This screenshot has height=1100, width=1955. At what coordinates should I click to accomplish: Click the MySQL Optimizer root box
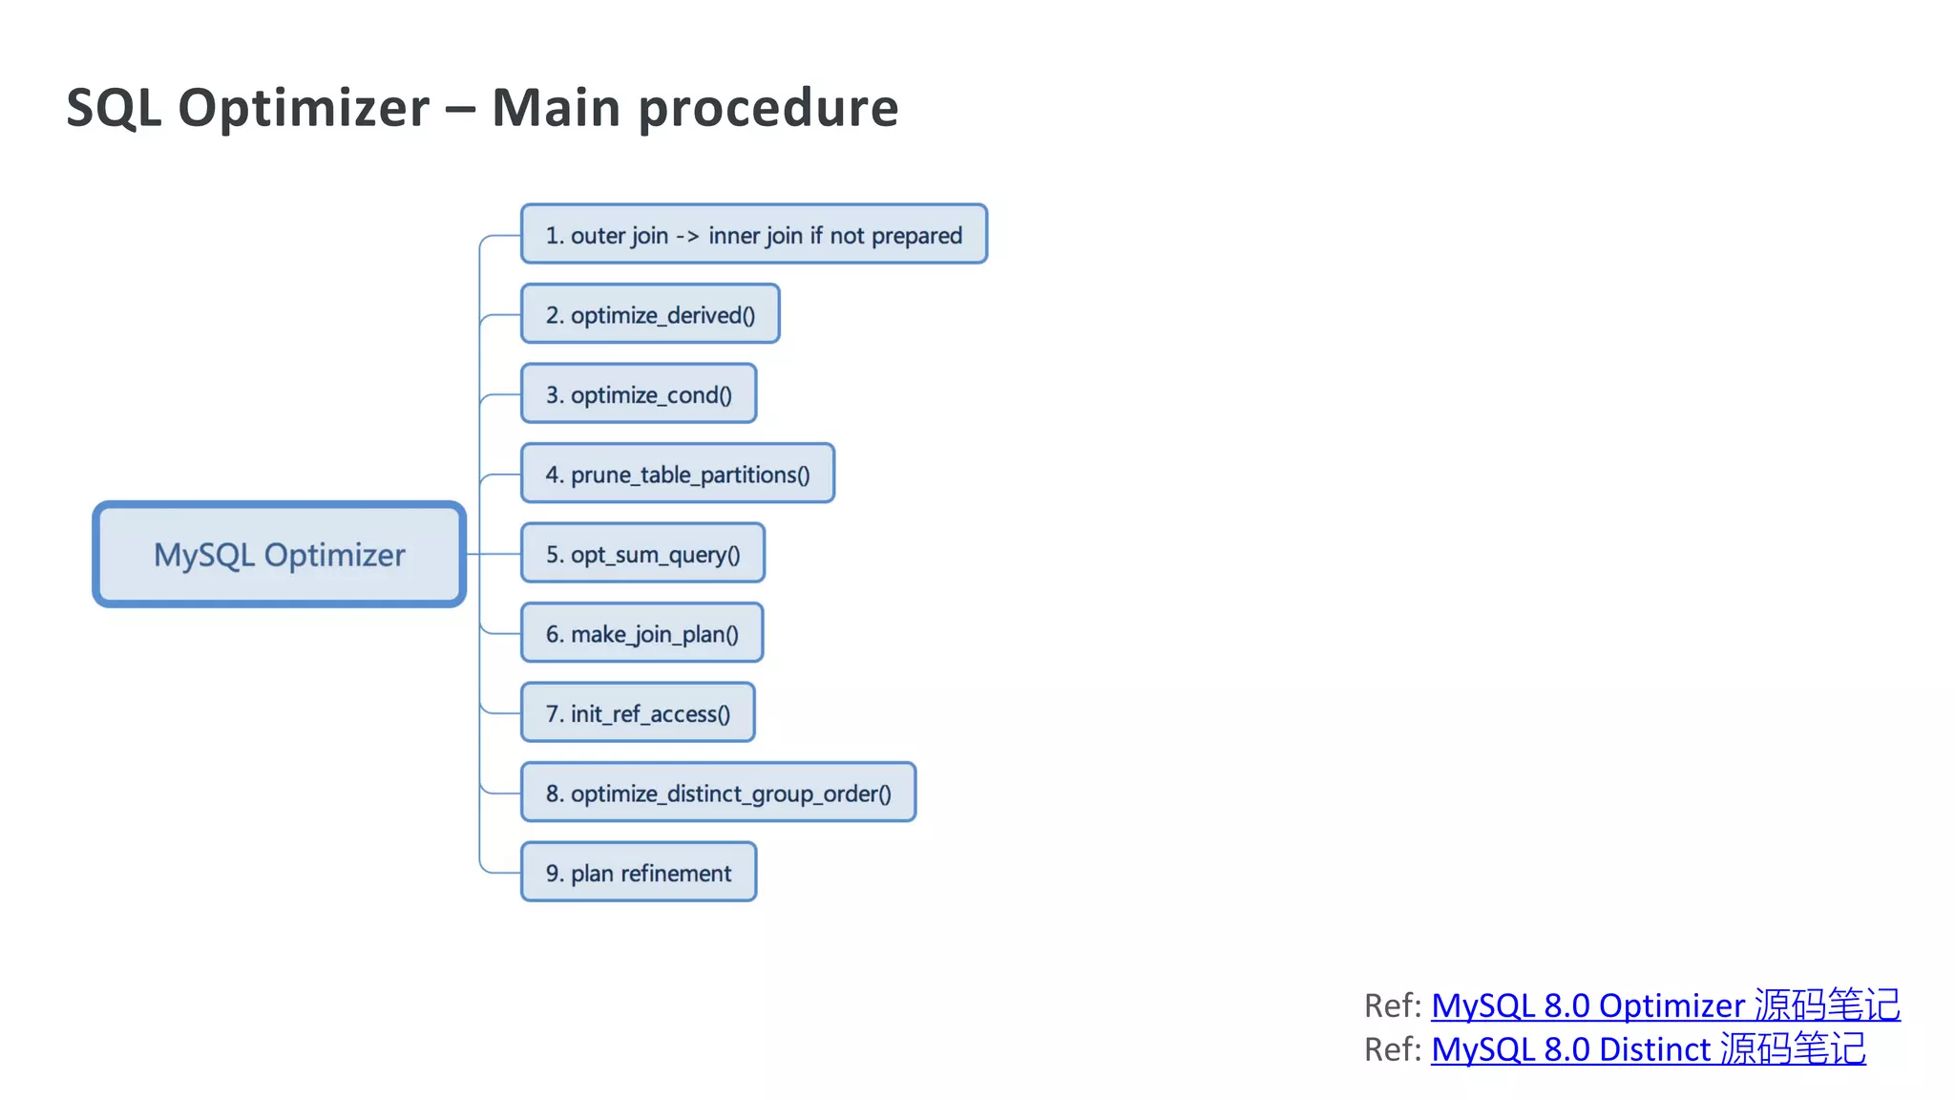point(279,555)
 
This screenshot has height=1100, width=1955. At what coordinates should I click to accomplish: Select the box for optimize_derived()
point(650,314)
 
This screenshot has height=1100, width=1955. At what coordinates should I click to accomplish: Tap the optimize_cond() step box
point(639,394)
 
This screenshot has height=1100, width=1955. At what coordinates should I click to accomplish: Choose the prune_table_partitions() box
point(677,474)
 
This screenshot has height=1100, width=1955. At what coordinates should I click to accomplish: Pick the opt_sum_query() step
point(642,554)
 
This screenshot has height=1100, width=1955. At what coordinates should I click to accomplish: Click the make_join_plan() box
point(641,633)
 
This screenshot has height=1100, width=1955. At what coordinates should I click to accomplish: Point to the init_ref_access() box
point(638,713)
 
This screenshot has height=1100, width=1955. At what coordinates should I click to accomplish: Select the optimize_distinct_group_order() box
point(718,793)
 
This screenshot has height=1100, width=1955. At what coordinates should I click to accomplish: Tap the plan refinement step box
point(639,873)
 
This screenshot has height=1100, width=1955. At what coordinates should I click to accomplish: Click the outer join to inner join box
point(753,235)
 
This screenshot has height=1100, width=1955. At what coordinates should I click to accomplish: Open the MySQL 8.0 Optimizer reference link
point(1665,1005)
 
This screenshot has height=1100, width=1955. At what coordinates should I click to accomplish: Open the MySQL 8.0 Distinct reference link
point(1648,1049)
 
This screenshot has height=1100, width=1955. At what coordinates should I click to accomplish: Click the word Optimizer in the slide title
point(304,108)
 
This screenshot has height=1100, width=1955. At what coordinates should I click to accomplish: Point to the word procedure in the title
point(768,108)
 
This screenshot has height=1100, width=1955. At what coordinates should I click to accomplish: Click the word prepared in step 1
point(916,236)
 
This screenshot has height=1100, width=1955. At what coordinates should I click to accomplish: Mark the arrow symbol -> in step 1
point(687,236)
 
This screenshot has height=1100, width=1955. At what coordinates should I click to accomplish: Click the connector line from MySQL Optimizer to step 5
point(492,554)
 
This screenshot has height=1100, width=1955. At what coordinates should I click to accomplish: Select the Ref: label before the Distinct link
point(1393,1049)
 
